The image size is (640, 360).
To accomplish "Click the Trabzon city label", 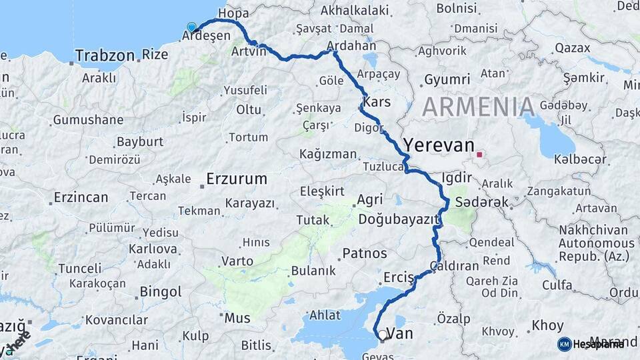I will click(x=105, y=55).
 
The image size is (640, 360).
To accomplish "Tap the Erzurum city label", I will click(x=237, y=179).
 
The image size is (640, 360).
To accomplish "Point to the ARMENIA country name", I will click(x=478, y=107).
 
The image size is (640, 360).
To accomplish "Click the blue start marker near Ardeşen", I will click(x=192, y=27).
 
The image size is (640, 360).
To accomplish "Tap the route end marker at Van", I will click(x=382, y=336).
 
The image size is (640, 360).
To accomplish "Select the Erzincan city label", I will click(x=81, y=197).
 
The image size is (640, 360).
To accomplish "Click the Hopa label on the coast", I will click(x=233, y=13).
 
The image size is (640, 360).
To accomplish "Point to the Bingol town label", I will click(x=161, y=292).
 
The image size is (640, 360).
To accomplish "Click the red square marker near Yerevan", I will click(x=479, y=155).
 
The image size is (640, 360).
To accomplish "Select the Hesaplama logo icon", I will click(x=565, y=344).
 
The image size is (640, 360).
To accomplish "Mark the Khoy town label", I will click(x=547, y=326).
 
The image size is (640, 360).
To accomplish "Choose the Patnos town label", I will click(x=364, y=253).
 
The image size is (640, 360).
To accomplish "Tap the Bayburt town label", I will click(x=140, y=141).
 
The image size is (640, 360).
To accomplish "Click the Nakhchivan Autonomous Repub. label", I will click(x=597, y=244).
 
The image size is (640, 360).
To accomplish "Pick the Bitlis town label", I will click(x=256, y=345).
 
